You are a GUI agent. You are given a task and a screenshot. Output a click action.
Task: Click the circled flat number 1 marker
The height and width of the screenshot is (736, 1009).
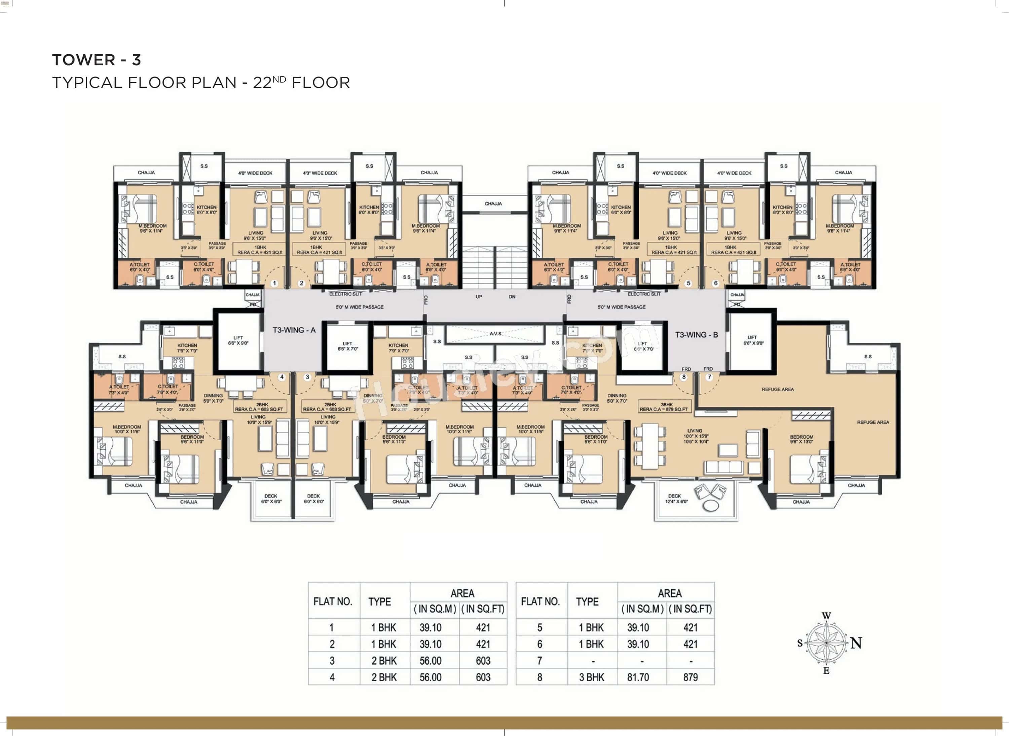[x=274, y=283]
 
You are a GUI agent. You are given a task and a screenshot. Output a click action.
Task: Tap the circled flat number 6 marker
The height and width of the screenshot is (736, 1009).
[x=716, y=283]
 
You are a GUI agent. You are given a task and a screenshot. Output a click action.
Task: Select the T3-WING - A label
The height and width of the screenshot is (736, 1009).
[x=294, y=330]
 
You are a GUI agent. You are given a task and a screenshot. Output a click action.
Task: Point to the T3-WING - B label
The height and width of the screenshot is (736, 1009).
[x=696, y=335]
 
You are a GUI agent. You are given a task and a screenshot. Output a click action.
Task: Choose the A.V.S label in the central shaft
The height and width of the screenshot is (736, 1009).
[x=495, y=333]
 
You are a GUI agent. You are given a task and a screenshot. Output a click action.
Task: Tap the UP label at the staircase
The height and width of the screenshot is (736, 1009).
[x=479, y=297]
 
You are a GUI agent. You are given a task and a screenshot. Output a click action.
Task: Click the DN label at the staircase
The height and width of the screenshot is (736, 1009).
[x=512, y=297]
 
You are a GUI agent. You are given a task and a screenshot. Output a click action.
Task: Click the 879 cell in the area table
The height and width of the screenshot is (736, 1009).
[x=690, y=677]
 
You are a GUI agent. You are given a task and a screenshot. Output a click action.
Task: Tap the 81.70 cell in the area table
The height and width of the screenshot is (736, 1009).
[x=638, y=677]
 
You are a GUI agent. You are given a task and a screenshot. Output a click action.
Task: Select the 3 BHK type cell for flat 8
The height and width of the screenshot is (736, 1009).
[x=592, y=677]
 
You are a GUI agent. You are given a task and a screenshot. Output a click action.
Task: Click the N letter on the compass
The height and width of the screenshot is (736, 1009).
[x=856, y=643]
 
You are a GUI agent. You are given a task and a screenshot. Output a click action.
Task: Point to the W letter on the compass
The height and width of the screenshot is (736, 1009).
[x=826, y=616]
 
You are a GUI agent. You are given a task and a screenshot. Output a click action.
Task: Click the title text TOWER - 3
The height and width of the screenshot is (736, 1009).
[x=97, y=60]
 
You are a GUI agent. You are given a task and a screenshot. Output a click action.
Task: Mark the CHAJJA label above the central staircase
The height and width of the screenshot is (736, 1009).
[x=493, y=204]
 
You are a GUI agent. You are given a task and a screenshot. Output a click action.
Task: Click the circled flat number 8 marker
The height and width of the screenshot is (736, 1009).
[x=684, y=377]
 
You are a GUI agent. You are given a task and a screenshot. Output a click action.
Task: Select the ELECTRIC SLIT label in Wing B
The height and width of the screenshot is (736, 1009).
[x=644, y=294]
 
